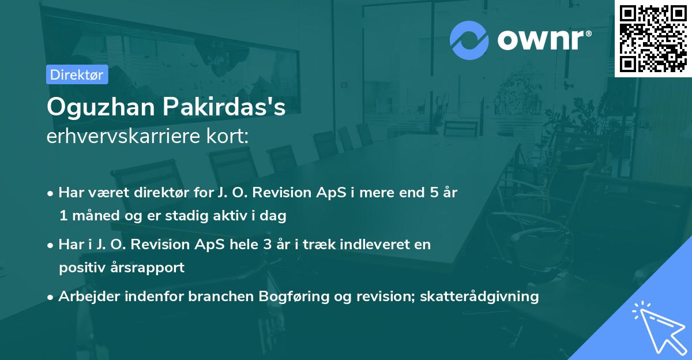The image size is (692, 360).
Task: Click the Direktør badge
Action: tap(77, 74)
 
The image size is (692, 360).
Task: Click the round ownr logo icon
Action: tap(469, 40)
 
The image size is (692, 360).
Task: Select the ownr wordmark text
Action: tap(543, 40)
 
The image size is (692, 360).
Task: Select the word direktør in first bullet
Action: tap(151, 193)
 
